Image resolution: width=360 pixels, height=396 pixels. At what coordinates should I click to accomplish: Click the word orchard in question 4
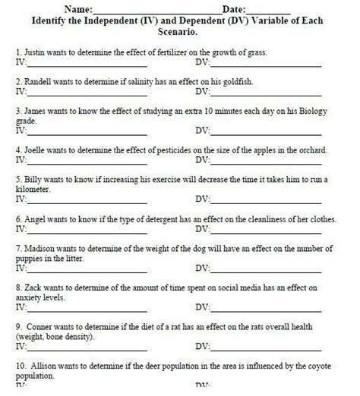tap(311, 150)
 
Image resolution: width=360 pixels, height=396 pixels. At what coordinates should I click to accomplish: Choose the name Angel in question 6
tap(36, 218)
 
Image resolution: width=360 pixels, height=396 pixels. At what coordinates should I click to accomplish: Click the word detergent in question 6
tap(154, 218)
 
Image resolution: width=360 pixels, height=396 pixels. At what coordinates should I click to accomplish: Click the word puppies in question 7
tap(29, 257)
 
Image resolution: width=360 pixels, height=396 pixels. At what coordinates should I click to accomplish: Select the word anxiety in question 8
tap(27, 297)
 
